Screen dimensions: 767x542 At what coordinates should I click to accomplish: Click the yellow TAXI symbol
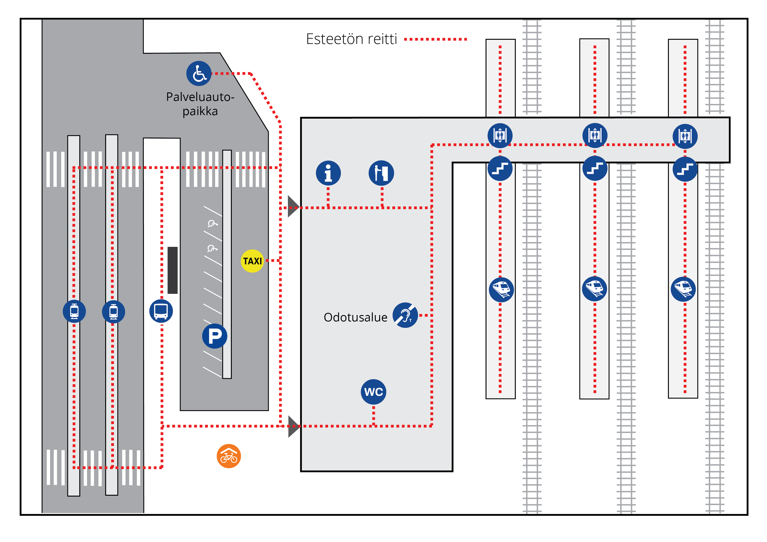252,261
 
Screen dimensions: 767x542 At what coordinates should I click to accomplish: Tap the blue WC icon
373,392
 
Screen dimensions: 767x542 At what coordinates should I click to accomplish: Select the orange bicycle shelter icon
229,456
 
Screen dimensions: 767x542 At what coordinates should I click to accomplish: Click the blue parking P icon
215,336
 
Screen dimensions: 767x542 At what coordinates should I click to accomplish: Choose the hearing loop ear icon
405,315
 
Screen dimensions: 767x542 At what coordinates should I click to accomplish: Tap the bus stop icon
161,311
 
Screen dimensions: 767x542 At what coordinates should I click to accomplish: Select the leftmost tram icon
74,311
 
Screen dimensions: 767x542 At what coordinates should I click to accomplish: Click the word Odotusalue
356,317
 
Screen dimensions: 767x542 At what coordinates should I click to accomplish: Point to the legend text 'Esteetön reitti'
351,39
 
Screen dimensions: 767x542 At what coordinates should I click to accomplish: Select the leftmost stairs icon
500,168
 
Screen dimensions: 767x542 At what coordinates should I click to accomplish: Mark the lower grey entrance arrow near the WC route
294,426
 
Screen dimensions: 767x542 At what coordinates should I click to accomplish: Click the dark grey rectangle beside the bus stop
172,270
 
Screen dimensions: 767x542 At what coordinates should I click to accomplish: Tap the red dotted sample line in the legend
435,39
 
